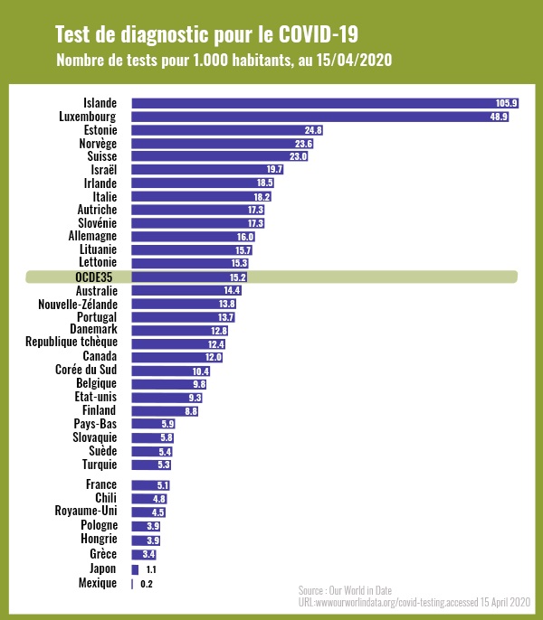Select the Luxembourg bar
(317, 117)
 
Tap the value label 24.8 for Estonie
(314, 130)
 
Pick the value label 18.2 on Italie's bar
(262, 196)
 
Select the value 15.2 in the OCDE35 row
(238, 277)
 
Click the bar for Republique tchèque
(177, 344)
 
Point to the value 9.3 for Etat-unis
(195, 398)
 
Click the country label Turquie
(100, 465)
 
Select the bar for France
(150, 485)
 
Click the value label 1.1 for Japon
(151, 570)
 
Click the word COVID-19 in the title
(318, 35)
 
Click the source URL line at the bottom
(415, 601)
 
